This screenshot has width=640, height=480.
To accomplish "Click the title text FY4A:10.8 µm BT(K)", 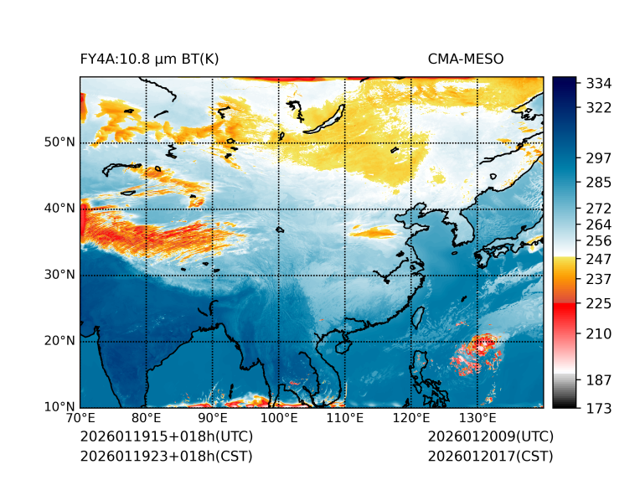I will click(149, 59).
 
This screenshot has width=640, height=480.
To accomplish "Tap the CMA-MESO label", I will click(466, 59).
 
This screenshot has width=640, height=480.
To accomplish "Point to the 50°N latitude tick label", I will click(59, 142).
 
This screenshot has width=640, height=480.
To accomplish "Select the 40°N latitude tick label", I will click(59, 208).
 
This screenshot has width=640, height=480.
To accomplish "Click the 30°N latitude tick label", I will click(59, 275).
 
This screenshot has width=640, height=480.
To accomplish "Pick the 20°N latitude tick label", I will click(59, 341).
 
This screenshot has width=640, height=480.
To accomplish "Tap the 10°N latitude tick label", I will click(59, 408).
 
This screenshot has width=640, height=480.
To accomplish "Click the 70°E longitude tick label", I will click(80, 418).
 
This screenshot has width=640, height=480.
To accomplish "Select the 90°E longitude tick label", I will click(213, 418).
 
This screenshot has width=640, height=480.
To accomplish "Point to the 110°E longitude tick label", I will click(345, 418).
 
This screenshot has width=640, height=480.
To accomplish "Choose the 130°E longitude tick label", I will click(477, 418).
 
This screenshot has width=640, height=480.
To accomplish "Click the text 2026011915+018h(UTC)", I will click(166, 437).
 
